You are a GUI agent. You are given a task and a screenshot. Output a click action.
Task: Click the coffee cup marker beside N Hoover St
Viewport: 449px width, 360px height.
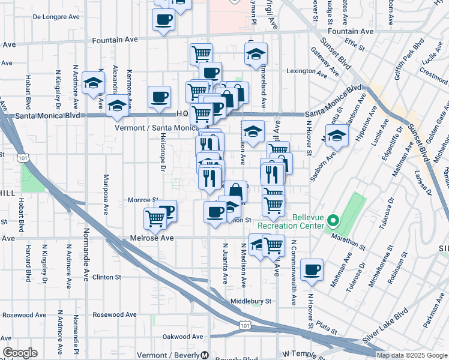(312, 270)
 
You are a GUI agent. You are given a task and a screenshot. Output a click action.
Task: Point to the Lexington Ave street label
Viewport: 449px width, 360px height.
(309, 71)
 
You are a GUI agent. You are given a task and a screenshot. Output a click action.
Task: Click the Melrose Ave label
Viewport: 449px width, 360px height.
(151, 238)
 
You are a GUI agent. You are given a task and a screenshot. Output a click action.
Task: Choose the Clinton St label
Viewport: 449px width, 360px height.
(107, 277)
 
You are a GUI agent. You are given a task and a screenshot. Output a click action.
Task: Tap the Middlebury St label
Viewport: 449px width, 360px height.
(251, 301)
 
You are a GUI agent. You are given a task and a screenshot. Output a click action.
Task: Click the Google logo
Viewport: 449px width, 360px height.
(19, 353)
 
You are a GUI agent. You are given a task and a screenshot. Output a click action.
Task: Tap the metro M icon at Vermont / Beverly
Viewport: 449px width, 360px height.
(205, 355)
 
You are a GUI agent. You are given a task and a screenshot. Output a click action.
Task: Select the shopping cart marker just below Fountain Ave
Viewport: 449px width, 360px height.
(201, 53)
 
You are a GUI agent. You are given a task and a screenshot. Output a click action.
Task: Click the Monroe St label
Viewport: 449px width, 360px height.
(142, 200)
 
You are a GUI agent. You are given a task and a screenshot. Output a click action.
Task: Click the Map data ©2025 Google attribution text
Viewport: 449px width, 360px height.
(412, 355)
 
